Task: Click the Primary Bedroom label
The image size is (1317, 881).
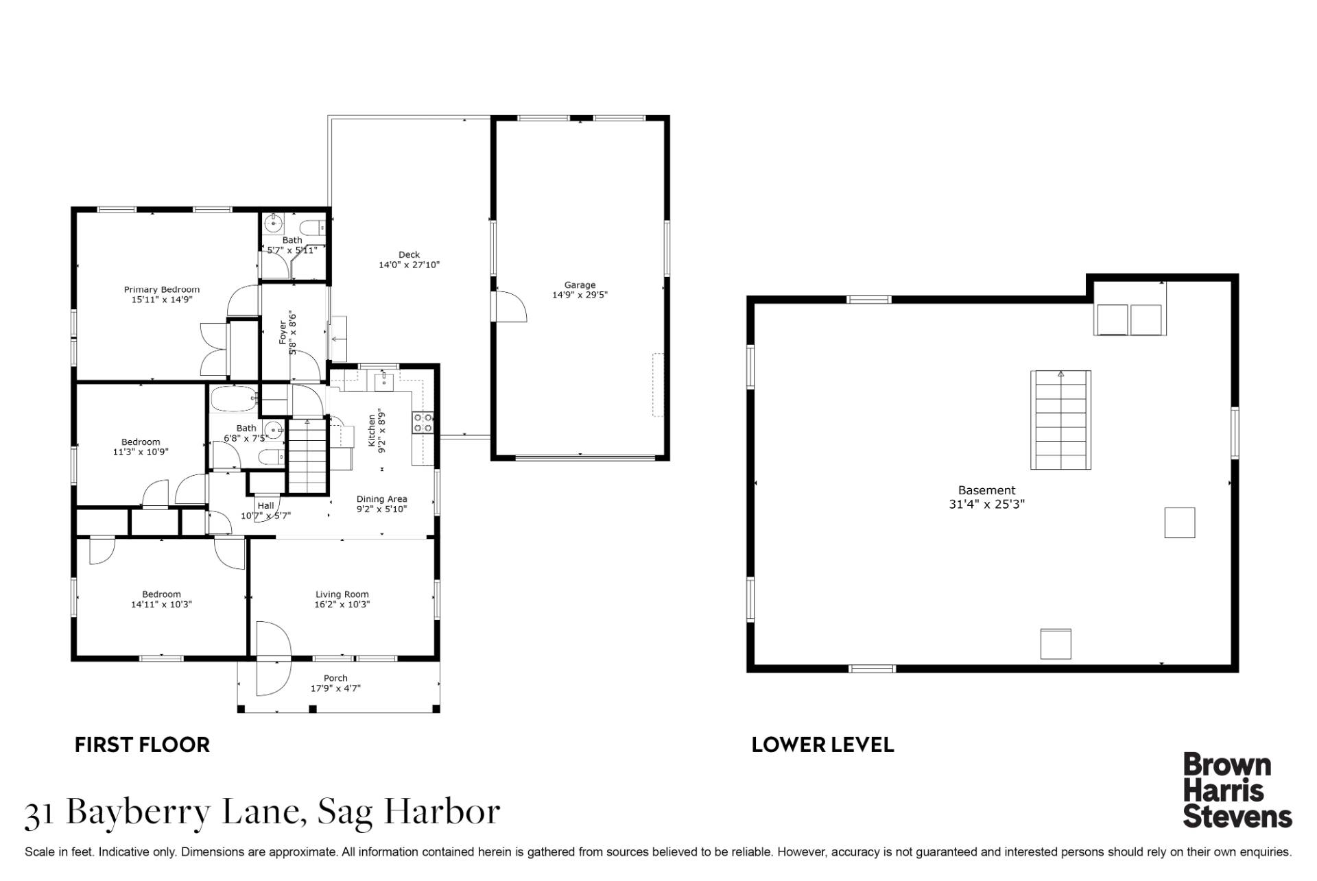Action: coord(161,290)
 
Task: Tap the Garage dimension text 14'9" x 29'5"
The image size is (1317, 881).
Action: coord(580,295)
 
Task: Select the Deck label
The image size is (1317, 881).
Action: coord(409,254)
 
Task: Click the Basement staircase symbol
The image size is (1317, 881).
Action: coord(1060,420)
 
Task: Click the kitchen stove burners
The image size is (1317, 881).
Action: coord(423,422)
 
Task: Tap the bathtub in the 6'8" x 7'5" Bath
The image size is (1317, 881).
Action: coord(233,398)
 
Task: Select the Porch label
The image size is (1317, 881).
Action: coord(335,678)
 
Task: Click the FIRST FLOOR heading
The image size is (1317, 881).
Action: coord(142,745)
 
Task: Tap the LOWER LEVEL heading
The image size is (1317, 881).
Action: coord(822,745)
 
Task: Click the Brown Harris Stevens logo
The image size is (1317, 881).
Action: coord(1237,790)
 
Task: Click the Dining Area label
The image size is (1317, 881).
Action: coord(381,499)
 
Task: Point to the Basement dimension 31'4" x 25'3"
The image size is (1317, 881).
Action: coord(986,504)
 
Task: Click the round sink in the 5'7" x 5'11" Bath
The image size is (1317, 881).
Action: coord(274,223)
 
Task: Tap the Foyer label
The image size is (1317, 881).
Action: coord(283,333)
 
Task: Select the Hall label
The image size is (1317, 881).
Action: coord(265,505)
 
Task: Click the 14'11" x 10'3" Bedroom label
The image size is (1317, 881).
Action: coord(161,594)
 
